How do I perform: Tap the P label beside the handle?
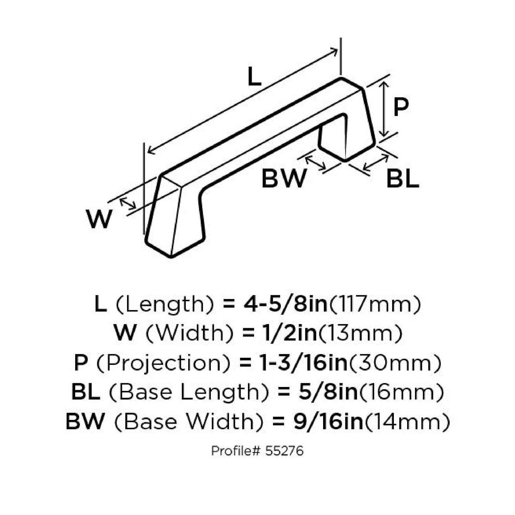coord(401,107)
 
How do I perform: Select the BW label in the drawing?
coord(283,179)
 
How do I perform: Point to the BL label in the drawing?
coord(402,179)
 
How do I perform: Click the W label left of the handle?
coord(99,219)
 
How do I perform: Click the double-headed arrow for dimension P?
coord(385,109)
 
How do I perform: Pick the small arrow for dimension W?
coord(127,204)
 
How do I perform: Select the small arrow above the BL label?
coord(375,163)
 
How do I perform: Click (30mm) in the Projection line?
coord(395,363)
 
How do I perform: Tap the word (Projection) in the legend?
coord(163,363)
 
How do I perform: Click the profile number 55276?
coord(284,450)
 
